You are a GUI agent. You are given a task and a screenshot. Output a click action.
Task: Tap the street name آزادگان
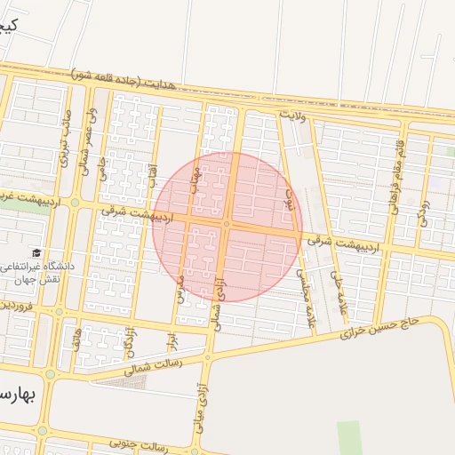coord(130,339)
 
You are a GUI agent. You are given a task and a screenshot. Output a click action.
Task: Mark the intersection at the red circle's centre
coord(227,226)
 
